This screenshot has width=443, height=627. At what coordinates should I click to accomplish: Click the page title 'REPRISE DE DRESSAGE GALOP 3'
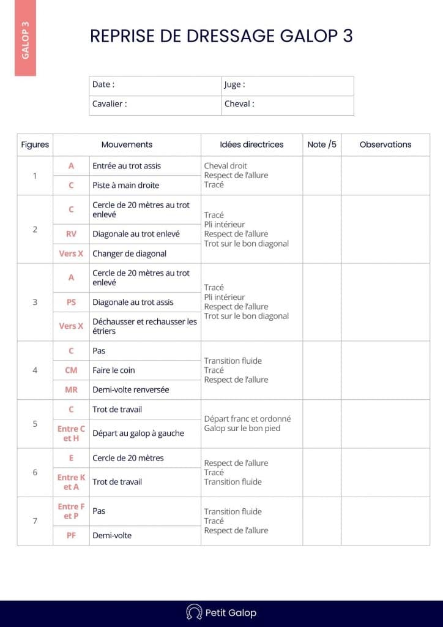click(221, 36)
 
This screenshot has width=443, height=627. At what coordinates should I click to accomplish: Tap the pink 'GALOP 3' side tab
click(25, 40)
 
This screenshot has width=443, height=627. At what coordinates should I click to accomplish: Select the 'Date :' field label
click(103, 84)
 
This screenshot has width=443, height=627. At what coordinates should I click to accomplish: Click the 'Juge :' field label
click(234, 84)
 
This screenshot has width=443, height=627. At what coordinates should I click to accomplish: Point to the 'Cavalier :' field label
click(110, 103)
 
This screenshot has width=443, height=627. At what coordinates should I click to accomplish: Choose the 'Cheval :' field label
click(239, 103)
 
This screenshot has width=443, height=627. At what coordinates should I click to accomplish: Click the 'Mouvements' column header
click(127, 145)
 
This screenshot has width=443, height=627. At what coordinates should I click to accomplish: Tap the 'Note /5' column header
click(322, 145)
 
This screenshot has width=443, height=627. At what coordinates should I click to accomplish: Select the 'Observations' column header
click(385, 145)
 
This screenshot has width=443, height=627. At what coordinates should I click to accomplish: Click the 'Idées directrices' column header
click(251, 145)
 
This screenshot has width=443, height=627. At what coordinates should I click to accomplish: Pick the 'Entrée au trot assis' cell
click(127, 166)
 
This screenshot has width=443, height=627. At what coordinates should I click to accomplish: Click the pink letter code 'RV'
click(71, 234)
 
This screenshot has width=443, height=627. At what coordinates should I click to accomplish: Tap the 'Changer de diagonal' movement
click(129, 253)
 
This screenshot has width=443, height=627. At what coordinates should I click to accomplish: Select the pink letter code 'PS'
click(71, 302)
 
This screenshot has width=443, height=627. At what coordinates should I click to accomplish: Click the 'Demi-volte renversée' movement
click(130, 389)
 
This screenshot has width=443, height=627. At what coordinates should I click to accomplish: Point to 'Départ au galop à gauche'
click(138, 434)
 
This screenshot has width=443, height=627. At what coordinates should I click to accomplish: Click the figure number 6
click(35, 472)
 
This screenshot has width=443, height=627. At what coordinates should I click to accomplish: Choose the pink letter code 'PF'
click(71, 535)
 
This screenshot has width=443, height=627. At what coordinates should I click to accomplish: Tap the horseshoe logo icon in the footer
click(194, 612)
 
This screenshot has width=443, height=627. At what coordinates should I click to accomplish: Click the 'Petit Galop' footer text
click(231, 612)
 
